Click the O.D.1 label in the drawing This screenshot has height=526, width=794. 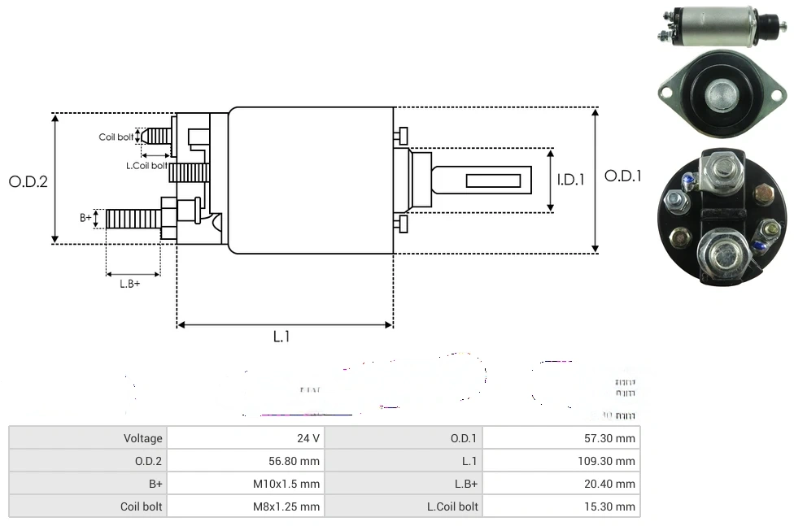coord(623,176)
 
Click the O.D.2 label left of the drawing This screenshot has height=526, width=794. coord(28,181)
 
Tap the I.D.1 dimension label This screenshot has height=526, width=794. coord(571,180)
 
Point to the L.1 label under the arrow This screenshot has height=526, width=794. coord(281,337)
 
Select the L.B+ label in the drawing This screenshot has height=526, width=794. coord(130,284)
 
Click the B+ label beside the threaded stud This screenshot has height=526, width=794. coord(85,217)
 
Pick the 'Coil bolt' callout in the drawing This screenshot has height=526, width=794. coord(116,137)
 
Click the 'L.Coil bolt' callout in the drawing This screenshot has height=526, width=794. coord(146,166)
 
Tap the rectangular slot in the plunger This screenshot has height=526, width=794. coord(494,179)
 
